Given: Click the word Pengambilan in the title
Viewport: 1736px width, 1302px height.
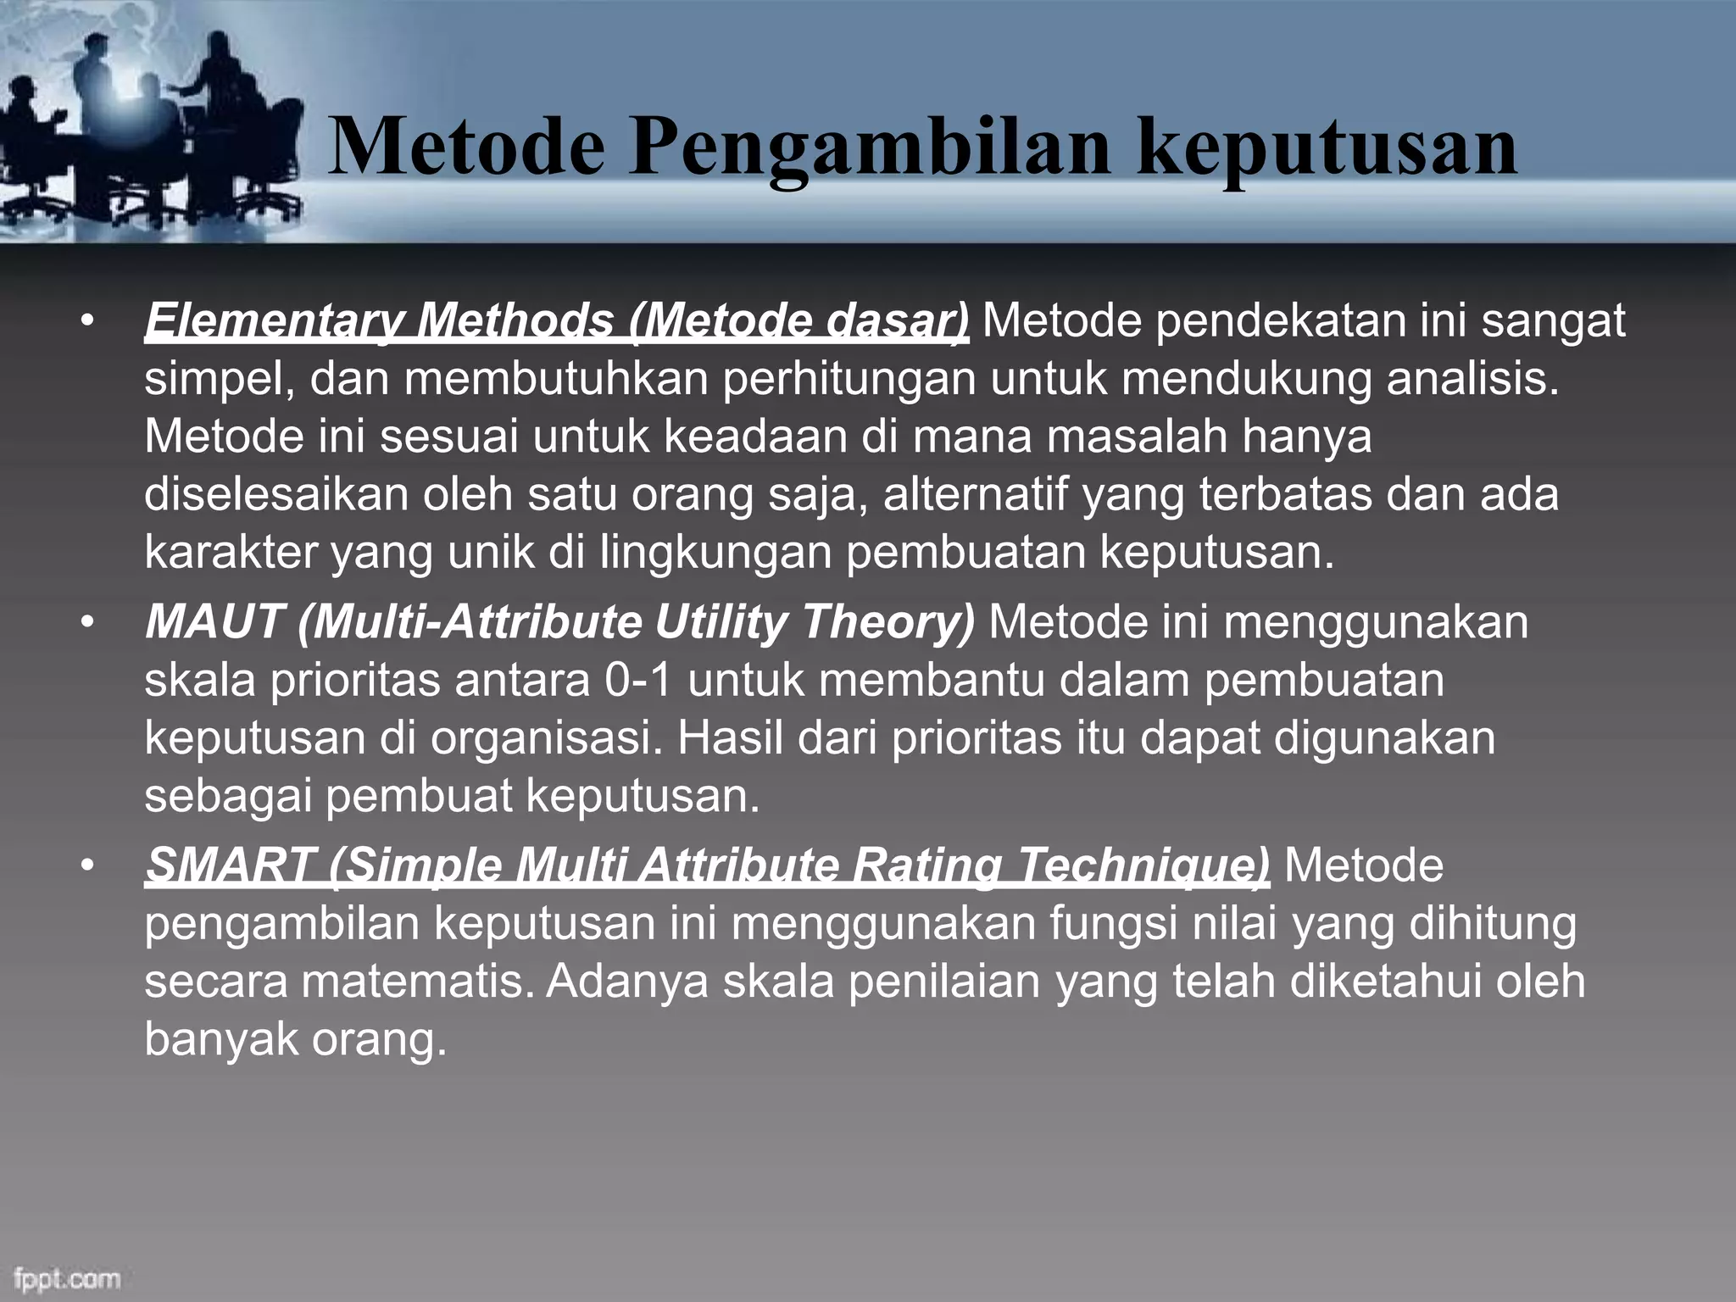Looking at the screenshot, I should coord(867,149).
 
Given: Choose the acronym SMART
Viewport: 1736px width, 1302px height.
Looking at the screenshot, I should coord(226,866).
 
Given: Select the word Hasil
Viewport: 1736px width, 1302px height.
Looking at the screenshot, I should coord(729,738).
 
